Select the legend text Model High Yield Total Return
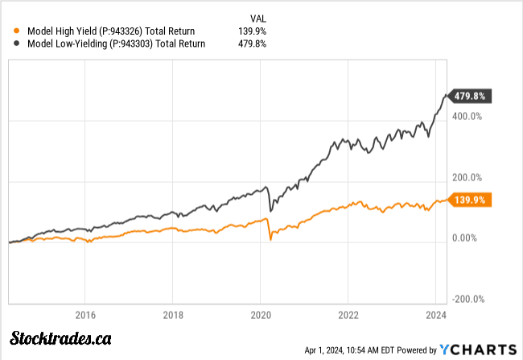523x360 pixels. tap(117, 31)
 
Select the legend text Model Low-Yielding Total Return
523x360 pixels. tap(117, 43)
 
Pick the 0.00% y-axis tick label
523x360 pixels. tap(465, 238)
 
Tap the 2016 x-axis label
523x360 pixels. tap(85, 314)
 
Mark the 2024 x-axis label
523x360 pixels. tap(435, 314)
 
